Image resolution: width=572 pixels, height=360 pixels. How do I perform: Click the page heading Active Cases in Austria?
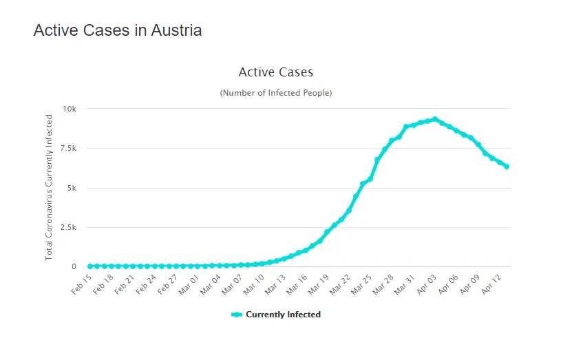118,30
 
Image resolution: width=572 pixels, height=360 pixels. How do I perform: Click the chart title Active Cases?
275,72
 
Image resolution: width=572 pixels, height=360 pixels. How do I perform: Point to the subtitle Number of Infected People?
275,92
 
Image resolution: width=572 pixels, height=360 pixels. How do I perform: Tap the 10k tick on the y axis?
70,109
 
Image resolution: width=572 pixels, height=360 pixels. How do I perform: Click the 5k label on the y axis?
72,188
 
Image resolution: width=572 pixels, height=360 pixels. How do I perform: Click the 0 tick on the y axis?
74,266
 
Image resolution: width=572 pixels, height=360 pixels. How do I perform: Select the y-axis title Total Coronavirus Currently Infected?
49,188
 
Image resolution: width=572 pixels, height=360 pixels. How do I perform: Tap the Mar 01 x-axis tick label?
189,284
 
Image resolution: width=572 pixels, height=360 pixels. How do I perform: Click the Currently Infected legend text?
283,315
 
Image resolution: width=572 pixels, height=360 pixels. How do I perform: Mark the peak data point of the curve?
434,119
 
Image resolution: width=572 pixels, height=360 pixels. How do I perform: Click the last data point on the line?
507,167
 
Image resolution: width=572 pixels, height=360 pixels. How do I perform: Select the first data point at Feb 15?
89,266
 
